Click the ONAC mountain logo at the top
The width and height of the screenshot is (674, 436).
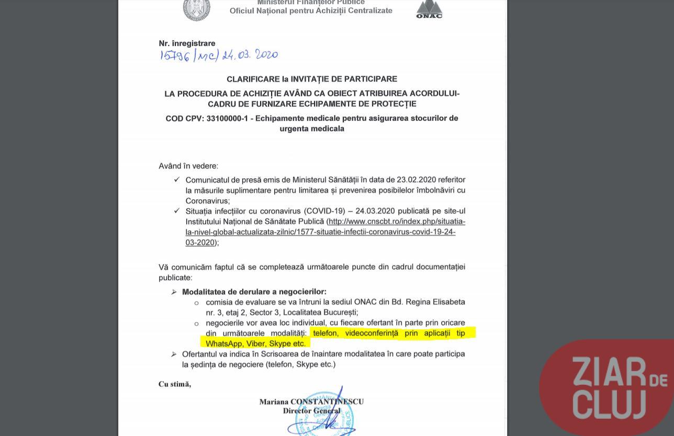[x=429, y=9]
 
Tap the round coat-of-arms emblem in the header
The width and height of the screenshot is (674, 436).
[x=196, y=9]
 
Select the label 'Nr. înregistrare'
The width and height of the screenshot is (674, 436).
[x=187, y=43]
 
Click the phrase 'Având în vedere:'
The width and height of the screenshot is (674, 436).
[x=188, y=166]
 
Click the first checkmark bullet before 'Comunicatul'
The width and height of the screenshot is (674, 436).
[x=177, y=179]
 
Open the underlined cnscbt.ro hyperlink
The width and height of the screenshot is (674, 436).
[x=325, y=232]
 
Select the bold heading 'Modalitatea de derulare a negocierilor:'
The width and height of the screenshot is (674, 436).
[x=254, y=292]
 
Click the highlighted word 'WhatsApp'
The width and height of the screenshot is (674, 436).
[x=224, y=343]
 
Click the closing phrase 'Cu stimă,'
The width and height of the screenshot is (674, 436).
[x=175, y=384]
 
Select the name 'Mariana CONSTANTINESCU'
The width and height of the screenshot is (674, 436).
[x=311, y=401]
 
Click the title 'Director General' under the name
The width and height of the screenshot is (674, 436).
[x=311, y=410]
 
